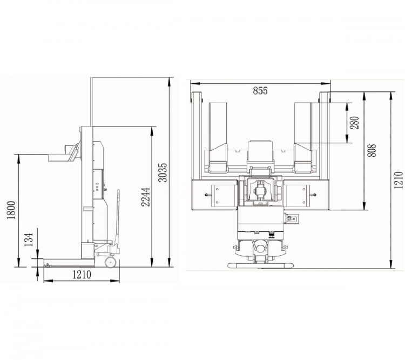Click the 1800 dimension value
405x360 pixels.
click(11, 210)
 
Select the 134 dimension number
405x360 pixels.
click(29, 239)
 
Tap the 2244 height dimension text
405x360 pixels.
click(145, 197)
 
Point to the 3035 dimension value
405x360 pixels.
click(163, 172)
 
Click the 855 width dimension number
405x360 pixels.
click(260, 91)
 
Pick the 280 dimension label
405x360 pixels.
click(355, 123)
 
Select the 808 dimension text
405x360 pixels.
click(372, 150)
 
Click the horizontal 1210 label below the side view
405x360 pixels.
click(82, 275)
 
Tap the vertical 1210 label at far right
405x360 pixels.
click(398, 180)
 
